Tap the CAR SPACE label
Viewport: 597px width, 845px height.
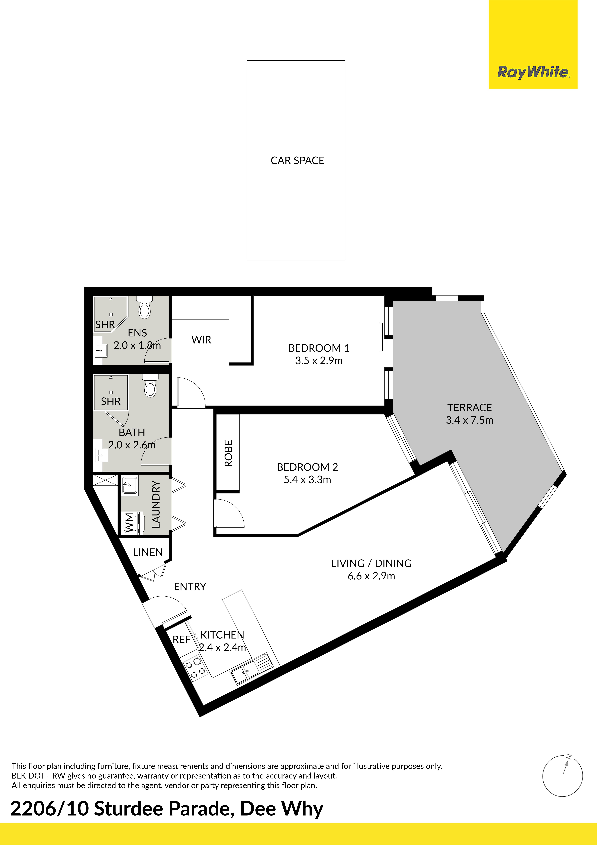coord(297,160)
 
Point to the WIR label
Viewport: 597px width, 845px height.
coord(201,340)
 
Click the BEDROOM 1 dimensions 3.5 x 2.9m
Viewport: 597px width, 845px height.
coord(319,361)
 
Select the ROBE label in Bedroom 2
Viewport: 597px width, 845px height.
coord(228,453)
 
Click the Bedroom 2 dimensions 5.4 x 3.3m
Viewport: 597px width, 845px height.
coord(307,480)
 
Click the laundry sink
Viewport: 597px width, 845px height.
coord(129,486)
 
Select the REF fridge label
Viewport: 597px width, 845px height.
coord(181,639)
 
